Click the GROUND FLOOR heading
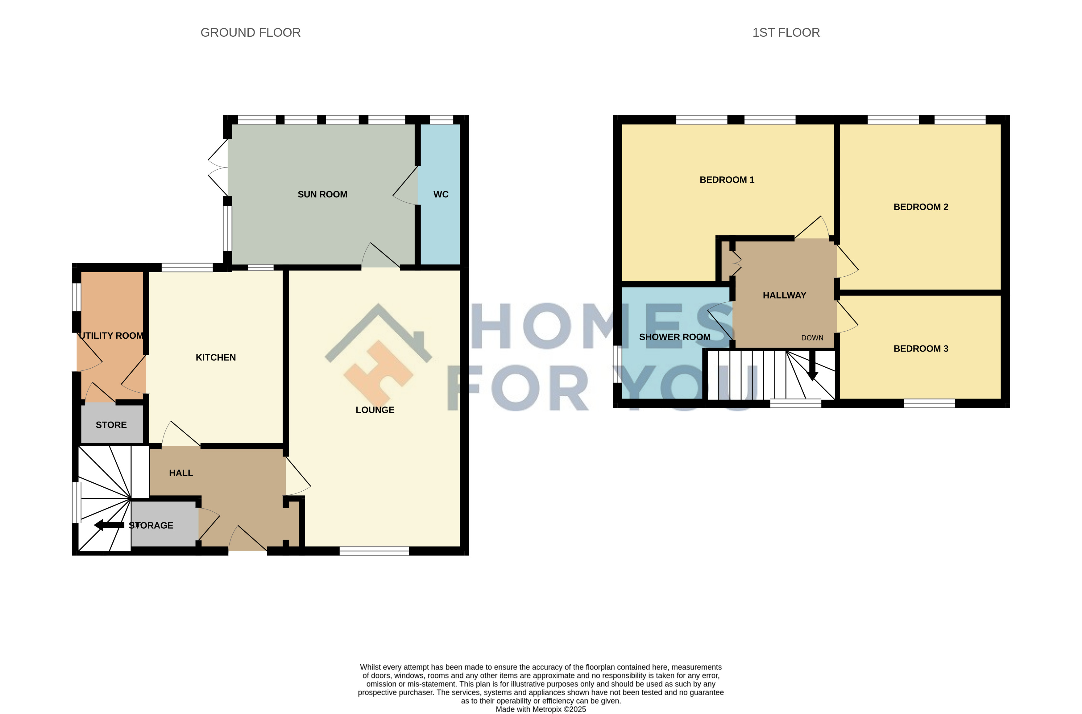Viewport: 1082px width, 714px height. coord(251,33)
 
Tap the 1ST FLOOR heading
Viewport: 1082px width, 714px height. coord(786,33)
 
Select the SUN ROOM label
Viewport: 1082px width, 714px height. coord(322,194)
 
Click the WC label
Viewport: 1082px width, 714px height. coord(441,194)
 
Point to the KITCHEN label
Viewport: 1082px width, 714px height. coord(216,357)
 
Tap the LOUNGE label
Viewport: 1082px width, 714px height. coord(375,410)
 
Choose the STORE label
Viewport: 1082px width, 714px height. coord(111,425)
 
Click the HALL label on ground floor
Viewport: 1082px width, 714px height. coord(181,473)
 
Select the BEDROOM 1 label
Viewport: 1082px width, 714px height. coord(727,180)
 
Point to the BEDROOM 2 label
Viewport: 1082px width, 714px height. coord(921,207)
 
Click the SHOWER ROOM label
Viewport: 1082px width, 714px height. coord(674,337)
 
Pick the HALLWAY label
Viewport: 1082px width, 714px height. coord(784,295)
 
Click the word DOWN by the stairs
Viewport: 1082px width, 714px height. coord(812,338)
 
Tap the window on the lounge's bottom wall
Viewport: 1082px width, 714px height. coord(374,551)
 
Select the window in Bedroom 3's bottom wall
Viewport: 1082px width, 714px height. coord(929,403)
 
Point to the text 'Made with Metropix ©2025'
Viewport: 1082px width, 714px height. coord(541,709)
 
